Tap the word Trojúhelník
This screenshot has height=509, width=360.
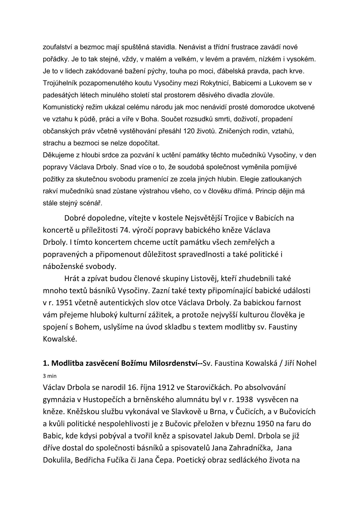point(59,83)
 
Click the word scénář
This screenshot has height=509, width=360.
point(93,204)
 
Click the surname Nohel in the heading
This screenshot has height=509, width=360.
point(307,363)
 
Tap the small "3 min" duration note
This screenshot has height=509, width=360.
point(50,376)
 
